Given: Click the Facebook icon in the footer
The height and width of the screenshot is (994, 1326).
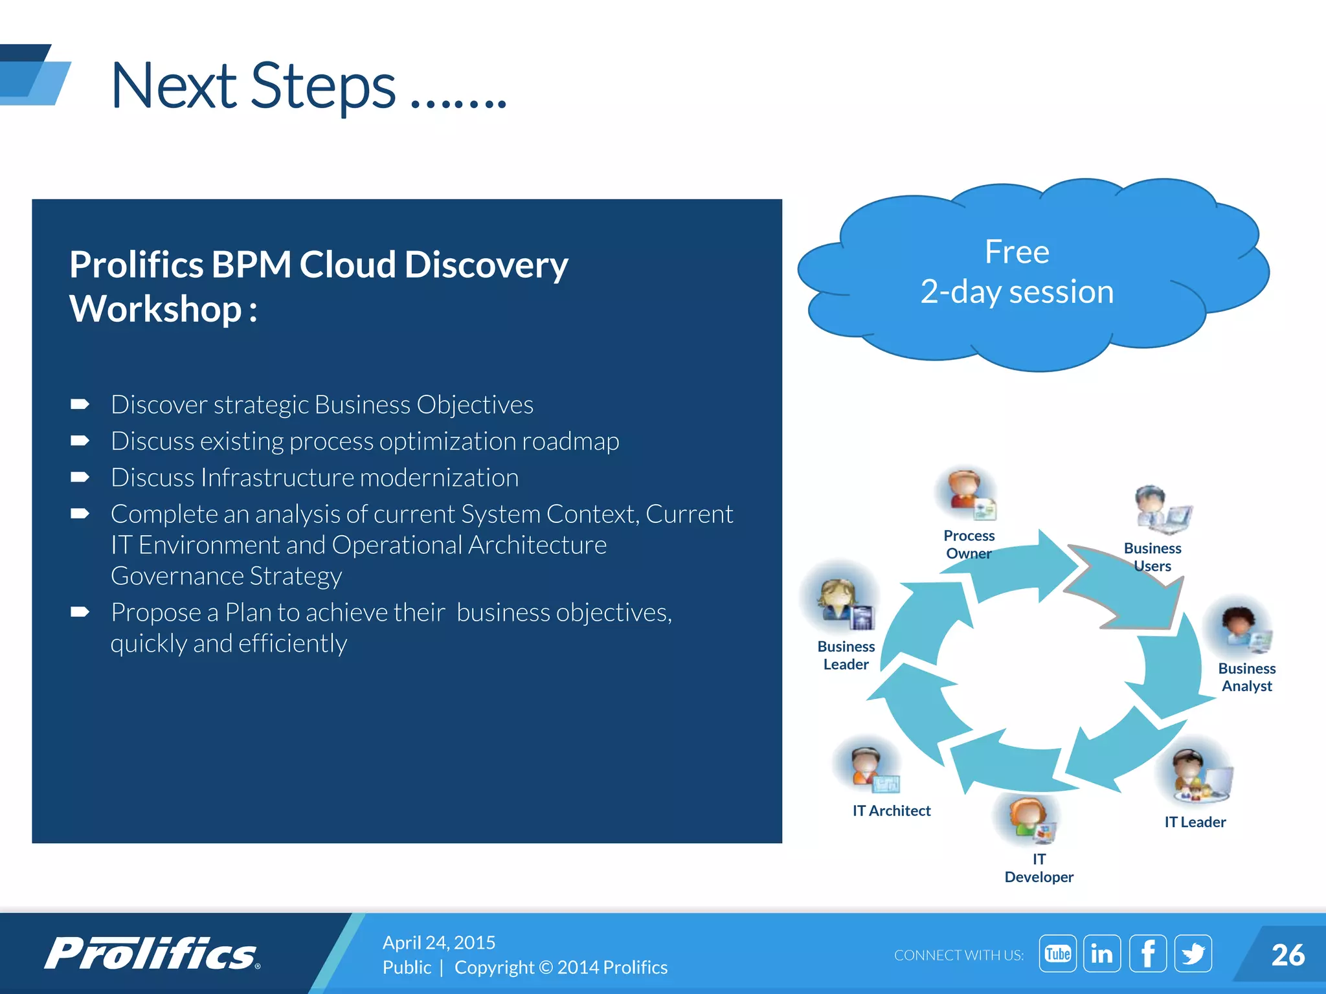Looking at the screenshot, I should pos(1147,953).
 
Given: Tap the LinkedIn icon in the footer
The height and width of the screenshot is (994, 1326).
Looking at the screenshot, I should pos(1101,953).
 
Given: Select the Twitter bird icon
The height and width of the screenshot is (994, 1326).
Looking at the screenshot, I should pos(1193,953).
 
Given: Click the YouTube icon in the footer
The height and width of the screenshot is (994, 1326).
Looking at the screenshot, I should pos(1057,953).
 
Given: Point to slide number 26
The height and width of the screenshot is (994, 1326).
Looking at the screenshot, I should pos(1287,955).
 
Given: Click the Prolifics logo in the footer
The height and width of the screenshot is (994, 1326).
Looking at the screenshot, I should pos(152,954).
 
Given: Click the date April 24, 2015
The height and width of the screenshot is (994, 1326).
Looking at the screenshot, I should pos(438,942).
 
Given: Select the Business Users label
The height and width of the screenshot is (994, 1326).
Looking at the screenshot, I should pos(1152,557).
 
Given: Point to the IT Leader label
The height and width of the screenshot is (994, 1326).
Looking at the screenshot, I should pos(1195,822).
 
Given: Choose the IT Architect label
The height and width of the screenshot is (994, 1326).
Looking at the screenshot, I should pos(891,810).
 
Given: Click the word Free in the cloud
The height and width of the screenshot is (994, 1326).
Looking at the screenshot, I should pos(1017,252).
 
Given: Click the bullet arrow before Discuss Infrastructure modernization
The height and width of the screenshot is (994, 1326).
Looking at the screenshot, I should pos(80,478).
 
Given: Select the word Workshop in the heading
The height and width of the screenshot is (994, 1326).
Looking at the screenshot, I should pos(155,309).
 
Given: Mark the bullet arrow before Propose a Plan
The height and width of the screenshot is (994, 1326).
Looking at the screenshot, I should pos(80,612).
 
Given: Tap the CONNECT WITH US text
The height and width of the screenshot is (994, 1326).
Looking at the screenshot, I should pos(958,955).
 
